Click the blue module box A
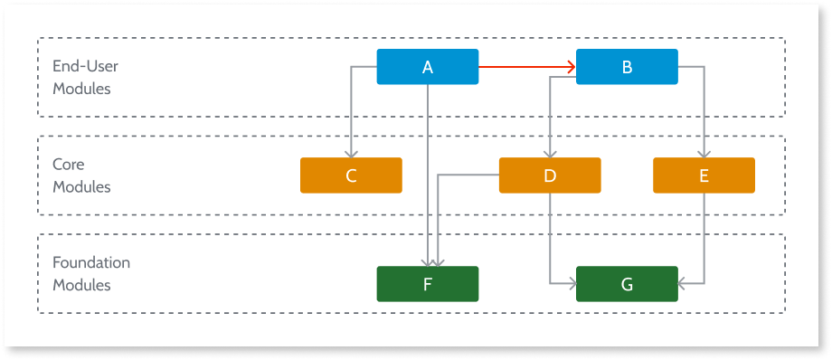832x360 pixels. (x=427, y=67)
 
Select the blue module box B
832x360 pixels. (x=627, y=67)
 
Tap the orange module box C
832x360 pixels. (x=351, y=175)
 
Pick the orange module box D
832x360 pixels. (x=550, y=175)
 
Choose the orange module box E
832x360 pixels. (x=704, y=175)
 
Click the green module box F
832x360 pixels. (x=427, y=284)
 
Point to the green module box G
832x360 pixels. (x=627, y=284)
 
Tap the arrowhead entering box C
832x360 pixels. (x=351, y=152)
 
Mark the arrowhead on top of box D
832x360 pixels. (x=550, y=152)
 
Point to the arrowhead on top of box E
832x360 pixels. (x=704, y=152)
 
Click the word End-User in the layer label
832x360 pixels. (x=85, y=65)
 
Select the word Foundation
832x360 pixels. (x=91, y=263)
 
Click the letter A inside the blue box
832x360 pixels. (x=427, y=67)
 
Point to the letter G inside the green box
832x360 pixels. (x=627, y=284)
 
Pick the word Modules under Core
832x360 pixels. (x=81, y=187)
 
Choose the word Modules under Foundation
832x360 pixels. (x=81, y=285)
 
